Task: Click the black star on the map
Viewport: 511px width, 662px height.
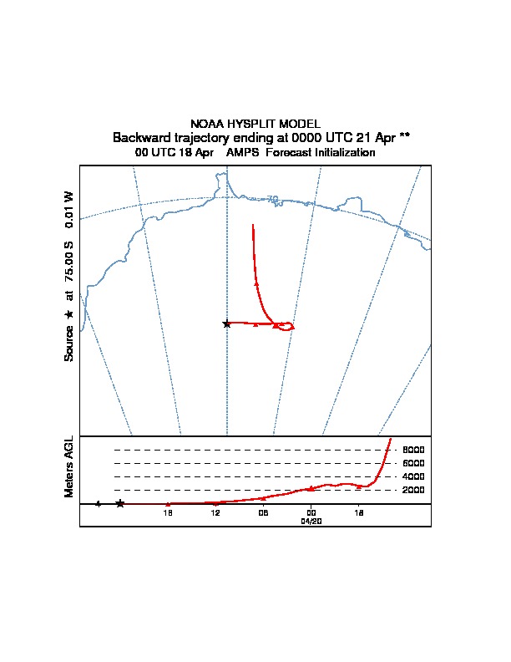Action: point(226,323)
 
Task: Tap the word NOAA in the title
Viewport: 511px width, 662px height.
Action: point(205,124)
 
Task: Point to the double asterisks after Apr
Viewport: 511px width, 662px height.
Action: point(404,137)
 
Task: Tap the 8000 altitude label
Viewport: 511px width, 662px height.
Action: point(413,450)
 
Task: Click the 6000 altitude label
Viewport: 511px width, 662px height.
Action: point(413,463)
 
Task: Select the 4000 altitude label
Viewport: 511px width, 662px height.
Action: point(413,476)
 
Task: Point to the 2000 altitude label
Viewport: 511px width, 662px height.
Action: point(413,490)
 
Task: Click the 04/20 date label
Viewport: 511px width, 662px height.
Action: point(311,520)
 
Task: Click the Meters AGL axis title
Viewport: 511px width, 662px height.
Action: point(69,466)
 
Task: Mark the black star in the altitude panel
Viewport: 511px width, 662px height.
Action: point(120,503)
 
